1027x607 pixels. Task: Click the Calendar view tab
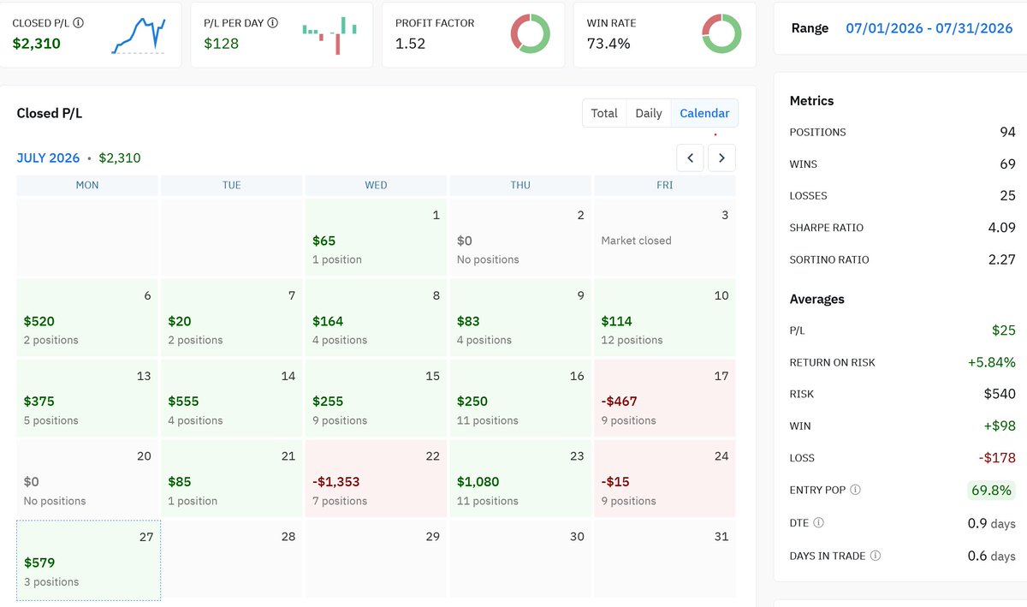click(x=704, y=113)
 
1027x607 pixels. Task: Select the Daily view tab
click(x=649, y=113)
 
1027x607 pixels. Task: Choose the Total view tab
click(x=604, y=113)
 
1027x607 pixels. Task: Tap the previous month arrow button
click(x=690, y=158)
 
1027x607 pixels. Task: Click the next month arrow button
click(x=721, y=158)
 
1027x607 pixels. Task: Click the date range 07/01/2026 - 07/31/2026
click(x=929, y=28)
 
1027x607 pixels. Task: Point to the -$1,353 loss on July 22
click(x=336, y=482)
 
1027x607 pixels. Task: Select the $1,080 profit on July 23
click(x=478, y=482)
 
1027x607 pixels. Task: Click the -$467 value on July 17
click(x=619, y=402)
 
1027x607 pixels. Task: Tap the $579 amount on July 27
click(x=39, y=562)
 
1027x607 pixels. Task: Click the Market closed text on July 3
click(x=636, y=241)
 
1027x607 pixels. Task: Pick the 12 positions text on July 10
click(x=632, y=340)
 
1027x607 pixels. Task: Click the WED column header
click(x=376, y=185)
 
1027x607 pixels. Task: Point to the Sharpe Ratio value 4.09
click(x=1002, y=228)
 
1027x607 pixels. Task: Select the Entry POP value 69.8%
click(x=991, y=490)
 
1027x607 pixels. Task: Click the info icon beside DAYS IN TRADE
click(x=876, y=556)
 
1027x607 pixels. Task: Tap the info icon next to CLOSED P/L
click(x=79, y=22)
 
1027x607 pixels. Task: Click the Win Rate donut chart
click(x=721, y=33)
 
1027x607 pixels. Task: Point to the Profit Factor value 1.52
click(x=410, y=44)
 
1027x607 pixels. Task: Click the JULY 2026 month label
click(x=48, y=158)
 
